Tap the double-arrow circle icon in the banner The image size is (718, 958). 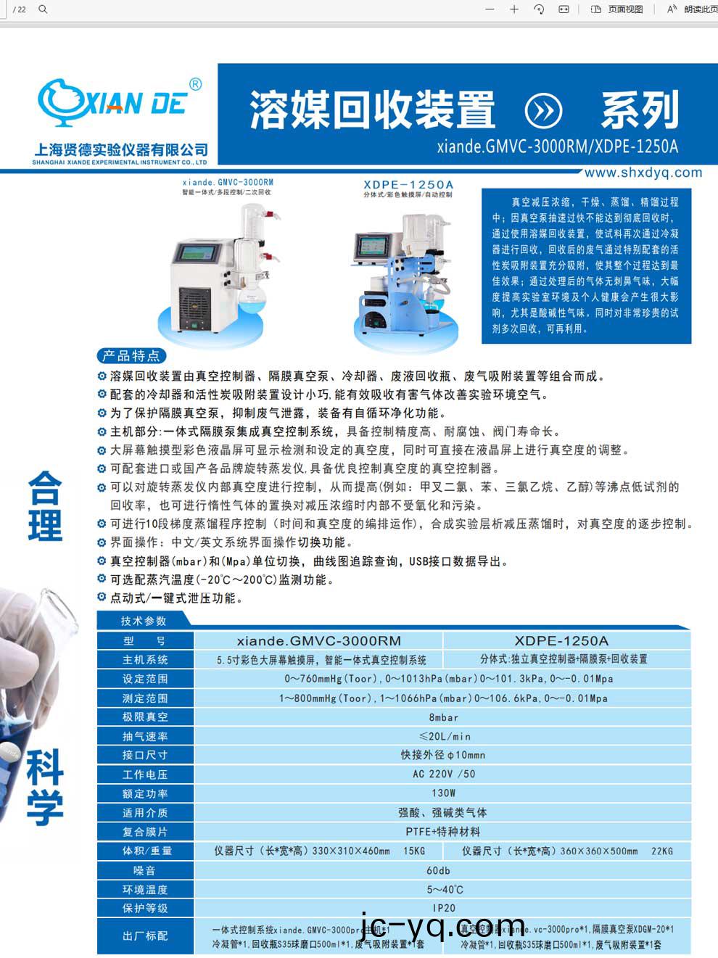pyautogui.click(x=543, y=110)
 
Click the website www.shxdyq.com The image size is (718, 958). pyautogui.click(x=643, y=173)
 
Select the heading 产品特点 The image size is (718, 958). pyautogui.click(x=131, y=355)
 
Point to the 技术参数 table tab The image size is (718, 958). pyautogui.click(x=144, y=621)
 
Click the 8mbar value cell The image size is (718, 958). pyautogui.click(x=443, y=717)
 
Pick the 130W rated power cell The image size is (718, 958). pyautogui.click(x=443, y=793)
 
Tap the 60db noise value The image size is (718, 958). pyautogui.click(x=438, y=870)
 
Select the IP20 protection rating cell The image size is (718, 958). pyautogui.click(x=444, y=908)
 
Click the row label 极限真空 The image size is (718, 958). pyautogui.click(x=145, y=717)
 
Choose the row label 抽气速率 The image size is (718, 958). pyautogui.click(x=145, y=736)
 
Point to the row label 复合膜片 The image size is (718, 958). pyautogui.click(x=145, y=832)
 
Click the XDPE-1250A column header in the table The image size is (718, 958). pyautogui.click(x=561, y=640)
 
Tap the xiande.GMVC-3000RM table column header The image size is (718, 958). pyautogui.click(x=318, y=640)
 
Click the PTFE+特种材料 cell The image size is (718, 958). pyautogui.click(x=443, y=832)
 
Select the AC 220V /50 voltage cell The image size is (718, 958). pyautogui.click(x=444, y=774)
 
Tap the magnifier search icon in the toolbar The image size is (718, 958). pyautogui.click(x=43, y=9)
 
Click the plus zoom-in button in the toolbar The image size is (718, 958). pyautogui.click(x=514, y=9)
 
